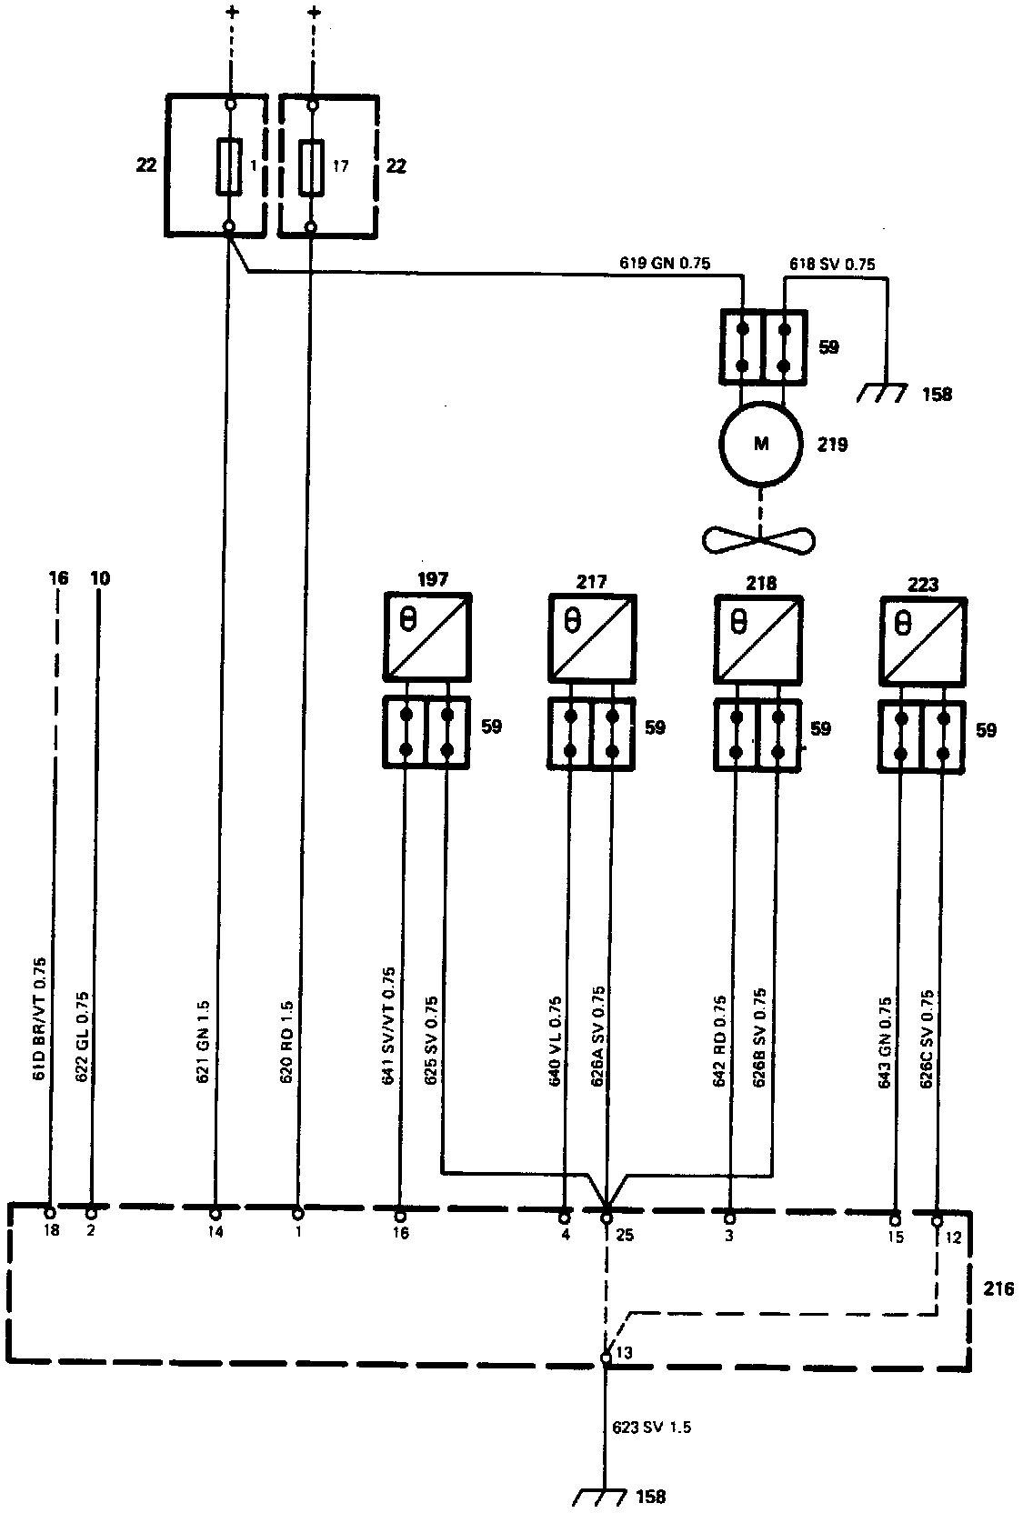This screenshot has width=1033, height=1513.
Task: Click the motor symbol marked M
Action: click(x=760, y=445)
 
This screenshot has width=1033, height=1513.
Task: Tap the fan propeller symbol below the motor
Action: click(x=758, y=540)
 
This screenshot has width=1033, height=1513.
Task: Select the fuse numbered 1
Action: click(x=229, y=166)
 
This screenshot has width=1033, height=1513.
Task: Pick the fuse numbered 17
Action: click(x=312, y=166)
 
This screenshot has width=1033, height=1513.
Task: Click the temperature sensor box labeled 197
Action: click(x=426, y=636)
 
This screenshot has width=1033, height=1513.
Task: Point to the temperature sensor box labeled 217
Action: click(x=592, y=636)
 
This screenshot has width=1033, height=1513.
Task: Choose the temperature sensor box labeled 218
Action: click(x=758, y=638)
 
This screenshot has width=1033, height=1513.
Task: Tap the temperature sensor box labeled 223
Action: click(x=923, y=641)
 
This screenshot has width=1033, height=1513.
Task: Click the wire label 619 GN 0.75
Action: click(x=661, y=265)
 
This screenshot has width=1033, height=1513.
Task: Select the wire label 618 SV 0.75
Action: click(x=832, y=265)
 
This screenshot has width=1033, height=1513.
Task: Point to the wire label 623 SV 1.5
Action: click(x=651, y=1428)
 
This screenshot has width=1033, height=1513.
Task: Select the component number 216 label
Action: click(x=998, y=1289)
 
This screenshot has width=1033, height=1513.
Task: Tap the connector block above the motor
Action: click(x=764, y=346)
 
